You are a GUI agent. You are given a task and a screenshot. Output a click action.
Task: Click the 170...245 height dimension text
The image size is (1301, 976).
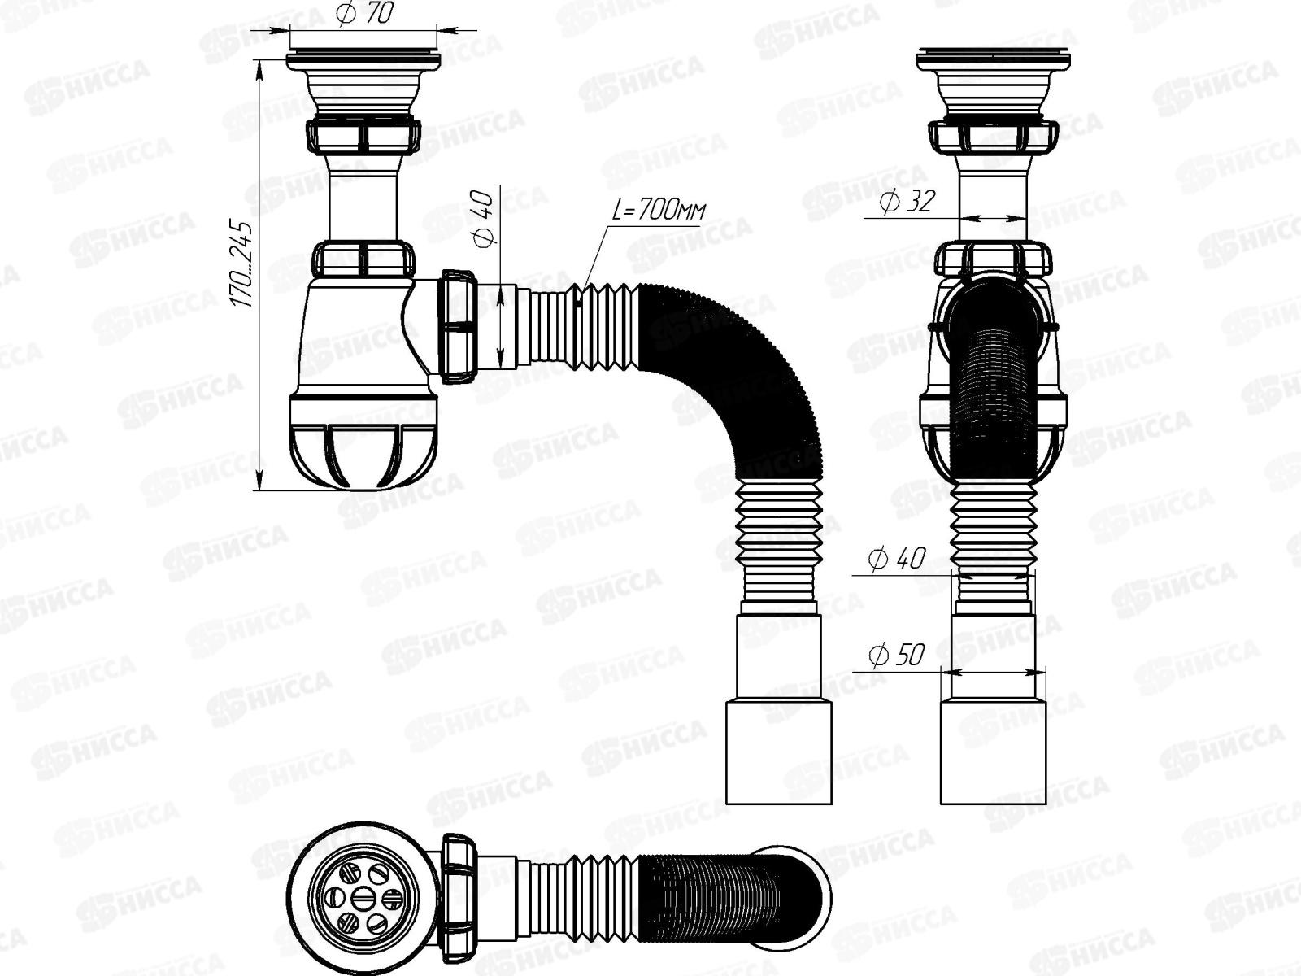point(243,262)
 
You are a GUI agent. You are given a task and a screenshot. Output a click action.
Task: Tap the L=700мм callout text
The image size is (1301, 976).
point(659,211)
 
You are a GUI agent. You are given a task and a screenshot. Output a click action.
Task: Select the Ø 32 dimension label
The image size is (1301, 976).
point(907,200)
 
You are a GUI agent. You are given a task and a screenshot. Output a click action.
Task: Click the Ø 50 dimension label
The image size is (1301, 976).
point(896,654)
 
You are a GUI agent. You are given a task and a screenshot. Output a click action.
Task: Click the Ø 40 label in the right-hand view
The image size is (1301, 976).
point(897,559)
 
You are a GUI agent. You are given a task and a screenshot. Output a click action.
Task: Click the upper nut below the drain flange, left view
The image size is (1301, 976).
point(363,136)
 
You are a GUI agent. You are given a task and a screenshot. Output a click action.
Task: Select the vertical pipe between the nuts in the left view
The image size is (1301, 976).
point(363,199)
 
